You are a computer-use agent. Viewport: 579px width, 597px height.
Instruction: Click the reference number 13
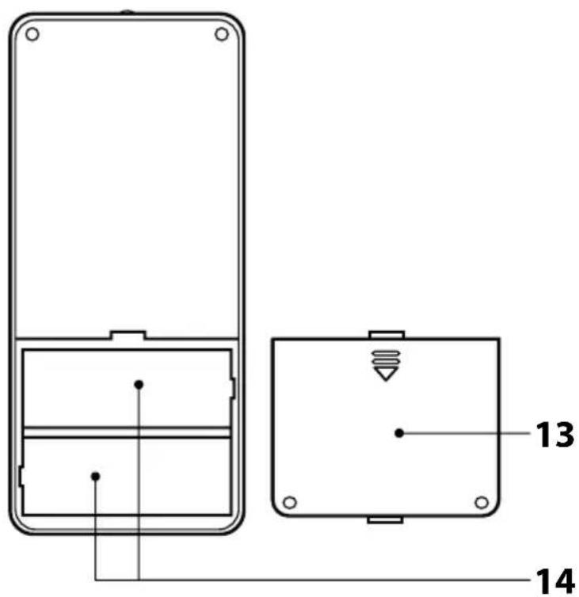(554, 434)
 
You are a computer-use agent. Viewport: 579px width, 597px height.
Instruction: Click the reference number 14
(554, 581)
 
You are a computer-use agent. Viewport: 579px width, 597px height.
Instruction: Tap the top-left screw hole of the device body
(32, 34)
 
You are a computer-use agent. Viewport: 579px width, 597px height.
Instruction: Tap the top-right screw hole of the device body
(221, 34)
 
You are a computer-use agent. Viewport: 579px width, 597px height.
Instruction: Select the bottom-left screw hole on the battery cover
(290, 502)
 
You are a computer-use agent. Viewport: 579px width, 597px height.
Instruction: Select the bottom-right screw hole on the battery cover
(482, 502)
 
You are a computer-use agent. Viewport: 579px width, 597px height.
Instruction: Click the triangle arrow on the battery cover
(386, 374)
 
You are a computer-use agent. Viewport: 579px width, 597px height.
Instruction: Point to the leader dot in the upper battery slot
(139, 385)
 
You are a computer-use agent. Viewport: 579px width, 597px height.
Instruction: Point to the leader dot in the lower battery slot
(96, 477)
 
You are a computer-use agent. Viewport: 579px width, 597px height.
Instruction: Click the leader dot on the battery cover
(399, 433)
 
